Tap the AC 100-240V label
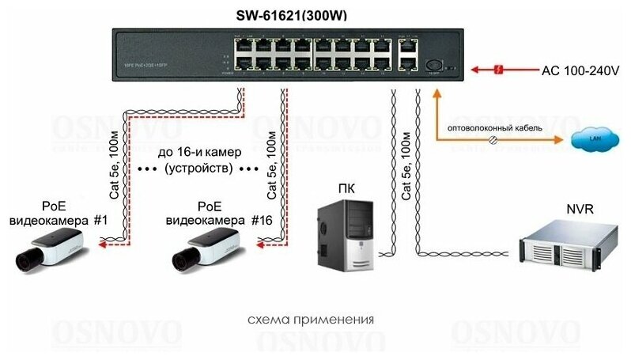pyautogui.click(x=580, y=71)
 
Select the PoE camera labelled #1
pyautogui.click(x=49, y=246)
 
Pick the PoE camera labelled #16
pyautogui.click(x=206, y=246)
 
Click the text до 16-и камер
pyautogui.click(x=198, y=152)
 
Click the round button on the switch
pyautogui.click(x=433, y=66)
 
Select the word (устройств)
pyautogui.click(x=198, y=169)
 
